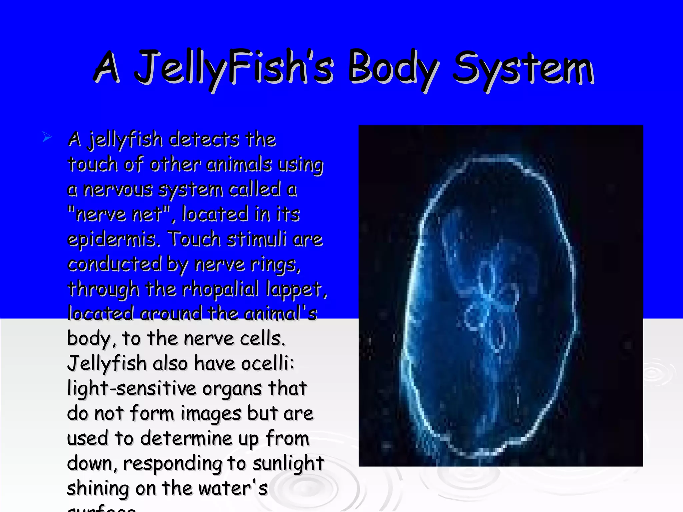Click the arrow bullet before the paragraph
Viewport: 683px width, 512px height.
click(x=47, y=137)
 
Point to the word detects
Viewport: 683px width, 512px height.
click(x=204, y=139)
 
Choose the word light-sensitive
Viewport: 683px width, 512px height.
click(x=132, y=388)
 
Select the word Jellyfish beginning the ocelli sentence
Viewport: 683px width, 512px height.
click(x=107, y=363)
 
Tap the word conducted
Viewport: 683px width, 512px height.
click(x=115, y=264)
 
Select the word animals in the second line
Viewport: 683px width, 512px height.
click(x=239, y=164)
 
